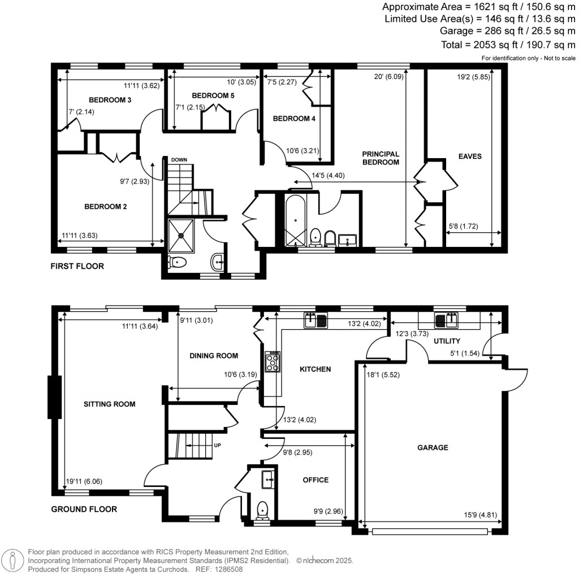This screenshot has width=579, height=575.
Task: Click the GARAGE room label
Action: coord(433,447)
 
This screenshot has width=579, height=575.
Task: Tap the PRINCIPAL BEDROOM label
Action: coord(381,158)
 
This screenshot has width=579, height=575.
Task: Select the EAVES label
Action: coord(470,156)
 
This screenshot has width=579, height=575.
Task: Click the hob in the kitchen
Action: coord(272,361)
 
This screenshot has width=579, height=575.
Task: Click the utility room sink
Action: coord(447,320)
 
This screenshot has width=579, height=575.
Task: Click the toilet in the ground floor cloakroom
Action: coord(262,510)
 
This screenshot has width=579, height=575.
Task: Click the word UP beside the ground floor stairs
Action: coord(217,445)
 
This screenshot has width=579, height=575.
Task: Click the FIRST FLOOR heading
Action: coord(77,266)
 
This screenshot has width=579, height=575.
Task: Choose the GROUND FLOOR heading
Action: coord(84,509)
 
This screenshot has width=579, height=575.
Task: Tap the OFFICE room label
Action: coord(316,480)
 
